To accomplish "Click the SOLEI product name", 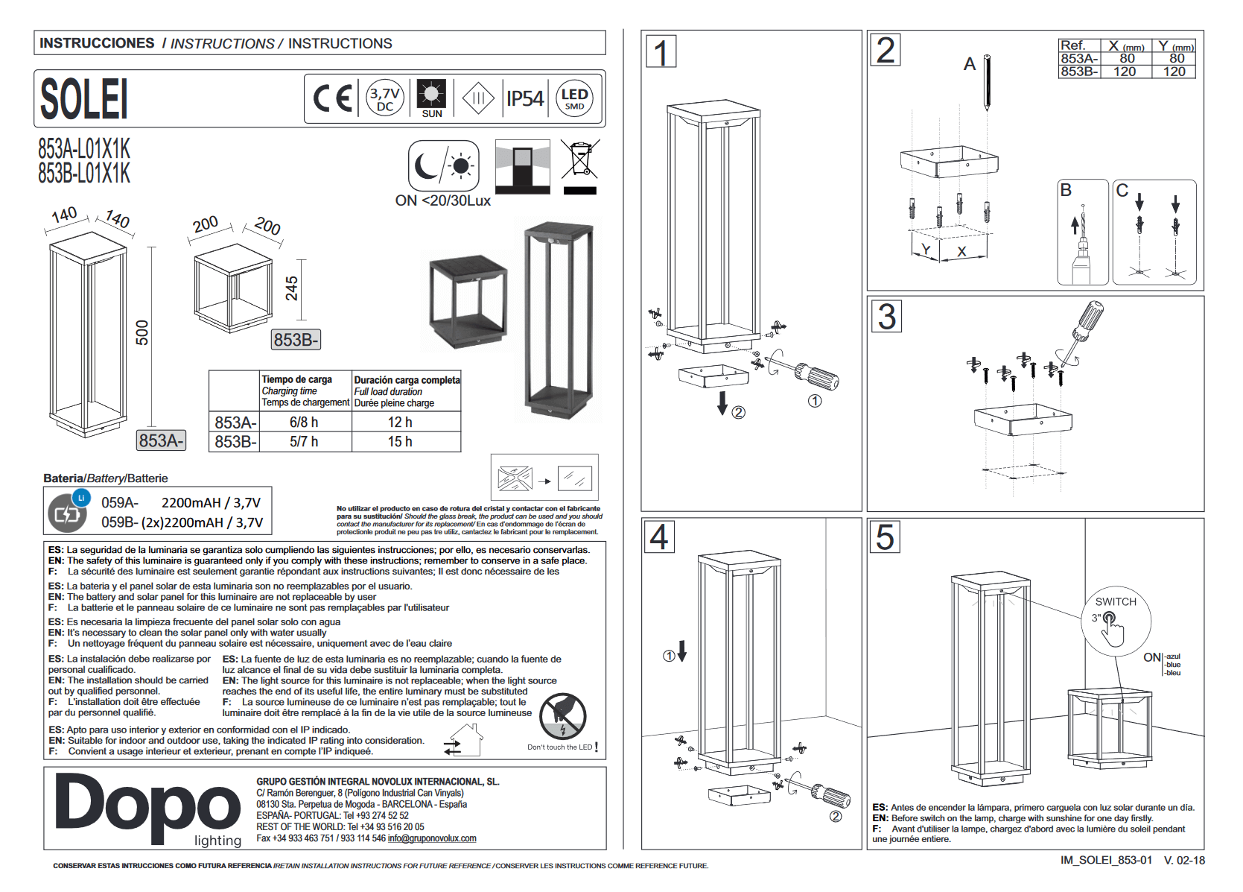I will pos(84,99).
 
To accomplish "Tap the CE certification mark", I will pos(332,98).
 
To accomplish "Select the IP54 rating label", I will pos(525,98).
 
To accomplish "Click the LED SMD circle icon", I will pos(574,98).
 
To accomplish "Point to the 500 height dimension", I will pos(142,332).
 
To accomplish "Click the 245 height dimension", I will pos(291,288).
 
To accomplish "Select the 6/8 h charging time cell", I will pos(304,423).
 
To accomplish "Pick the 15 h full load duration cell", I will pos(400,442).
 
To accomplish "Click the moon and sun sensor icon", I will pos(444,165).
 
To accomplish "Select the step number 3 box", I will pos(886,317).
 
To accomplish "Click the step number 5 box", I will pos(885,537).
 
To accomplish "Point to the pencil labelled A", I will pos(987,82).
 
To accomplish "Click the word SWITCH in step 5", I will pos(1116,602).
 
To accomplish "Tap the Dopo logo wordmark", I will pos(148,808).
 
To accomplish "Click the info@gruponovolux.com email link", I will pos(432,838).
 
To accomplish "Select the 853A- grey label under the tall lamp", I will pos(161,440).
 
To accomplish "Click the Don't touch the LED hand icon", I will pos(563,717).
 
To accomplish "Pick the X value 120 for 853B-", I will pos(1125,72).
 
